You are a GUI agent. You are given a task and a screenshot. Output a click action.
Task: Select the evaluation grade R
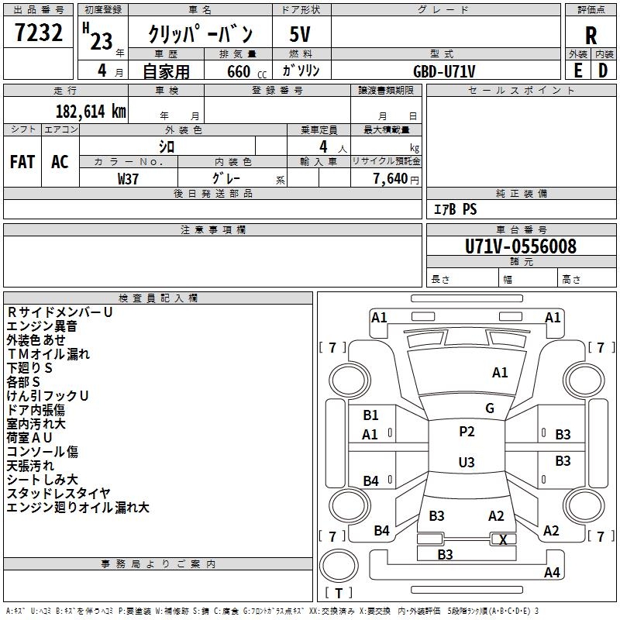click(x=591, y=35)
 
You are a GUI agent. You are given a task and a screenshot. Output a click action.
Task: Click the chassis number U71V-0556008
click(x=521, y=246)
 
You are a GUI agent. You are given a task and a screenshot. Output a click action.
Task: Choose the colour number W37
click(x=128, y=178)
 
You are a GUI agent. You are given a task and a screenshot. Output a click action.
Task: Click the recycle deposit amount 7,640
click(x=391, y=178)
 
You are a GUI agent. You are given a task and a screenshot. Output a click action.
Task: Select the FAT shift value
click(x=22, y=162)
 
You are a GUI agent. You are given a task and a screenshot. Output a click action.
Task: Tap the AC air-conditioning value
click(x=60, y=162)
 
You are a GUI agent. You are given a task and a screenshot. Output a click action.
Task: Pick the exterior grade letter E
click(x=577, y=71)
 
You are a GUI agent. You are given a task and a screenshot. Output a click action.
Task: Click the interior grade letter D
click(x=602, y=71)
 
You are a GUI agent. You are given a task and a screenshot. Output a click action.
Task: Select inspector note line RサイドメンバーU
click(x=60, y=312)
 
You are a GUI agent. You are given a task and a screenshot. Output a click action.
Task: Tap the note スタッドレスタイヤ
click(x=58, y=494)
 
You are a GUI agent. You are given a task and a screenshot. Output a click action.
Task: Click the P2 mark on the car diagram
click(x=467, y=432)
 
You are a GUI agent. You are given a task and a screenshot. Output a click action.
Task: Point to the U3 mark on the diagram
click(x=467, y=463)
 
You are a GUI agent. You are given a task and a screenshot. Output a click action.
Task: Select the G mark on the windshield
click(x=490, y=408)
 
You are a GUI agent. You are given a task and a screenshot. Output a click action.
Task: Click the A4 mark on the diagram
click(x=552, y=573)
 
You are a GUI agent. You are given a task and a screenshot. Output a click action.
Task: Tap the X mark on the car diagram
click(x=504, y=539)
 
